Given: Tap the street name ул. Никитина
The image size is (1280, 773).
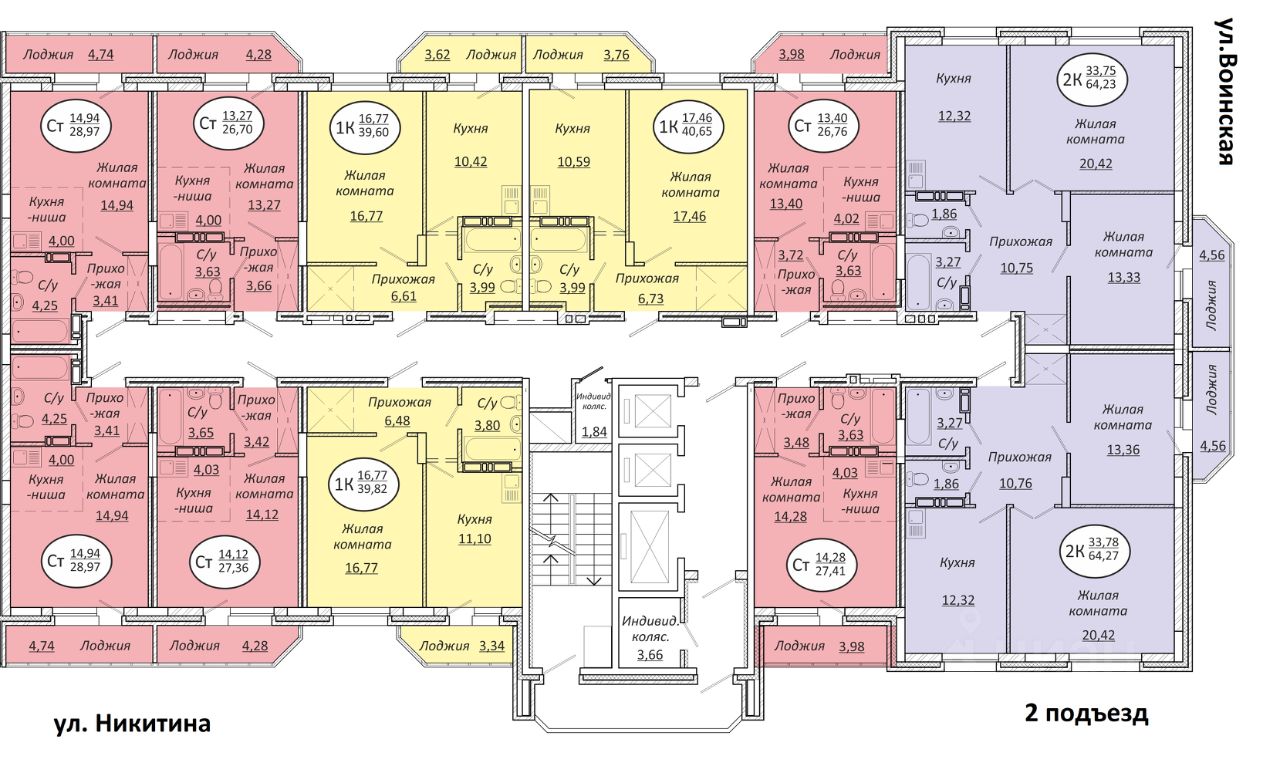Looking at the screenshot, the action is [x=132, y=723].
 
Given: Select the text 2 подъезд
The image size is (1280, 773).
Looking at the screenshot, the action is [x=1086, y=713].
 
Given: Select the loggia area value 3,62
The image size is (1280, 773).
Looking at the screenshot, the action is [x=437, y=55].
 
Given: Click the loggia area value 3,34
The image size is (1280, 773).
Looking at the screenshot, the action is [x=491, y=645].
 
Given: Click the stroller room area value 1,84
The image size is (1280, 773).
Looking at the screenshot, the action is [x=594, y=431].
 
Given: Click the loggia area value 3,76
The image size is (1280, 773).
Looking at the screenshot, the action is [x=617, y=55].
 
